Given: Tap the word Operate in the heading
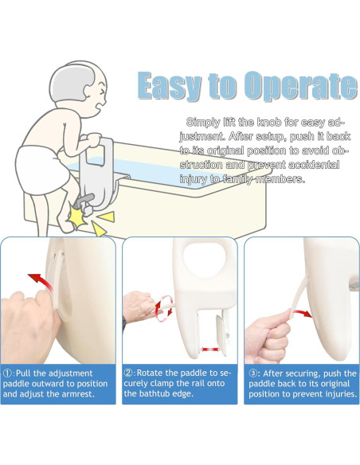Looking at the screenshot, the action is point(301,86).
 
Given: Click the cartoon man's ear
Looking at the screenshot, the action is point(89,92).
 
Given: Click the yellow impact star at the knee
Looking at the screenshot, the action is point(77,218).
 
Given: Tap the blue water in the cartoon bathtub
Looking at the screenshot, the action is point(148,172).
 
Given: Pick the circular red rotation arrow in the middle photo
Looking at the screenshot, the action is point(163,308).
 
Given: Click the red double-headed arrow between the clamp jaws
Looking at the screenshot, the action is point(210,350).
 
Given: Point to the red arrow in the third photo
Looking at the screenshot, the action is point(303,313).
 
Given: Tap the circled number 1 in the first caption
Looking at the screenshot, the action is point(8,373).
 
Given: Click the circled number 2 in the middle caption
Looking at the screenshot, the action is point(128,373).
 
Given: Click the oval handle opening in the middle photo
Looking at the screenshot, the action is point(205,257).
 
